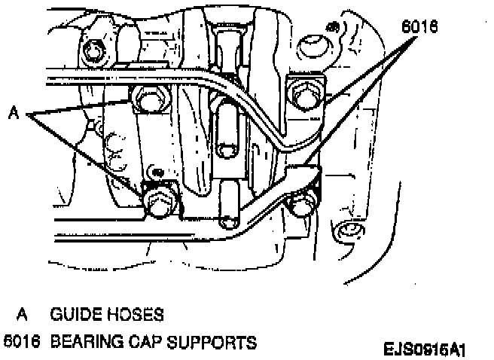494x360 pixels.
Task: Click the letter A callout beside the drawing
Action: pyautogui.click(x=13, y=114)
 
